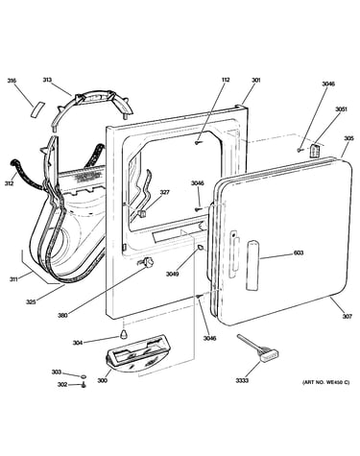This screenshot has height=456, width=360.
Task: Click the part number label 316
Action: (12, 81)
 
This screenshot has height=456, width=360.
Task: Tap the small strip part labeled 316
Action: (37, 109)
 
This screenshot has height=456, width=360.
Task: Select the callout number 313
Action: (47, 80)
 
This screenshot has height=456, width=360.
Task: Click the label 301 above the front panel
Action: (256, 80)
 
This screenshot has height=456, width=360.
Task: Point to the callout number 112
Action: (226, 80)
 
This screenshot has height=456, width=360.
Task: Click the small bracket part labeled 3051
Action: (316, 150)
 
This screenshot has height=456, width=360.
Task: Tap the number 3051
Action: (341, 109)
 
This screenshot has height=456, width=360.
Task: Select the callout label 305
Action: (348, 138)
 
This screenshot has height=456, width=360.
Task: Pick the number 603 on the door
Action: (299, 252)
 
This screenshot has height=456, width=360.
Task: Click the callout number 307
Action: (348, 317)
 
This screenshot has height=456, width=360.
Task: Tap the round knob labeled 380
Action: (147, 262)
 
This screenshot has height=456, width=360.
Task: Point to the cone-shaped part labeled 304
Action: (124, 334)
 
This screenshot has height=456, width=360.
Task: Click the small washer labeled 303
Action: (84, 376)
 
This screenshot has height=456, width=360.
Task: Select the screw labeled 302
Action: (84, 385)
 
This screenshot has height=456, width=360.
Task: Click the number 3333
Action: (242, 380)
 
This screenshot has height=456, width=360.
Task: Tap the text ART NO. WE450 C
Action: (326, 382)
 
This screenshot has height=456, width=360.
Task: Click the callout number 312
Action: (9, 183)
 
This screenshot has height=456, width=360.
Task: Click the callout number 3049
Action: (172, 274)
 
